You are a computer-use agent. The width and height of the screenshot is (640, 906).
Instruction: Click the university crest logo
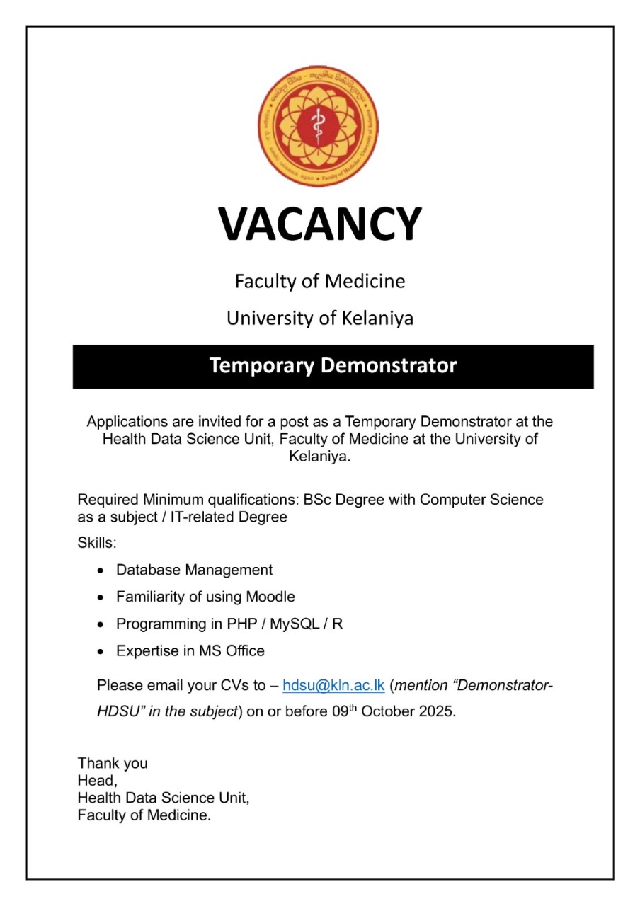pyautogui.click(x=319, y=127)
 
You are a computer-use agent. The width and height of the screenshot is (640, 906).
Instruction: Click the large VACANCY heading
pyautogui.click(x=319, y=224)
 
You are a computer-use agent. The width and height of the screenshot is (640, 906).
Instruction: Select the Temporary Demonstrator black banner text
pyautogui.click(x=333, y=366)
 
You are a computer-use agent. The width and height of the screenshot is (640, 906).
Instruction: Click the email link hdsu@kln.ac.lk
pyautogui.click(x=333, y=685)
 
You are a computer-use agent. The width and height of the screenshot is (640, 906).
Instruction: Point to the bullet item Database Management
pyautogui.click(x=194, y=570)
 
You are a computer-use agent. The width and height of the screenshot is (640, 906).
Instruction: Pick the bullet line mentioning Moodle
pyautogui.click(x=205, y=597)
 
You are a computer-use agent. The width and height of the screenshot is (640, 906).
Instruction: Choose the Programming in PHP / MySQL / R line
pyautogui.click(x=229, y=624)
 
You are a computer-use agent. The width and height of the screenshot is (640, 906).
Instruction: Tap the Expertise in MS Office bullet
pyautogui.click(x=190, y=650)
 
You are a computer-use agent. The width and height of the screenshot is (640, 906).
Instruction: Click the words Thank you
pyautogui.click(x=113, y=763)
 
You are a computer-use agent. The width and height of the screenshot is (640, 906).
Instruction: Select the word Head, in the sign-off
pyautogui.click(x=97, y=781)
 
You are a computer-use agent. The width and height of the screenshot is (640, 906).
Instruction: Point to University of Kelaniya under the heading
pyautogui.click(x=319, y=319)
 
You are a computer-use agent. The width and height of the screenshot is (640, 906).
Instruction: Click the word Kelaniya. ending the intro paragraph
pyautogui.click(x=319, y=457)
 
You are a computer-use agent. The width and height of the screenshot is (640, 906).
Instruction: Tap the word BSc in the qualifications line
pyautogui.click(x=318, y=500)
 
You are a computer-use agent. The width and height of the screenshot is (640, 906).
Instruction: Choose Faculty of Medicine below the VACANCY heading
pyautogui.click(x=319, y=282)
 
